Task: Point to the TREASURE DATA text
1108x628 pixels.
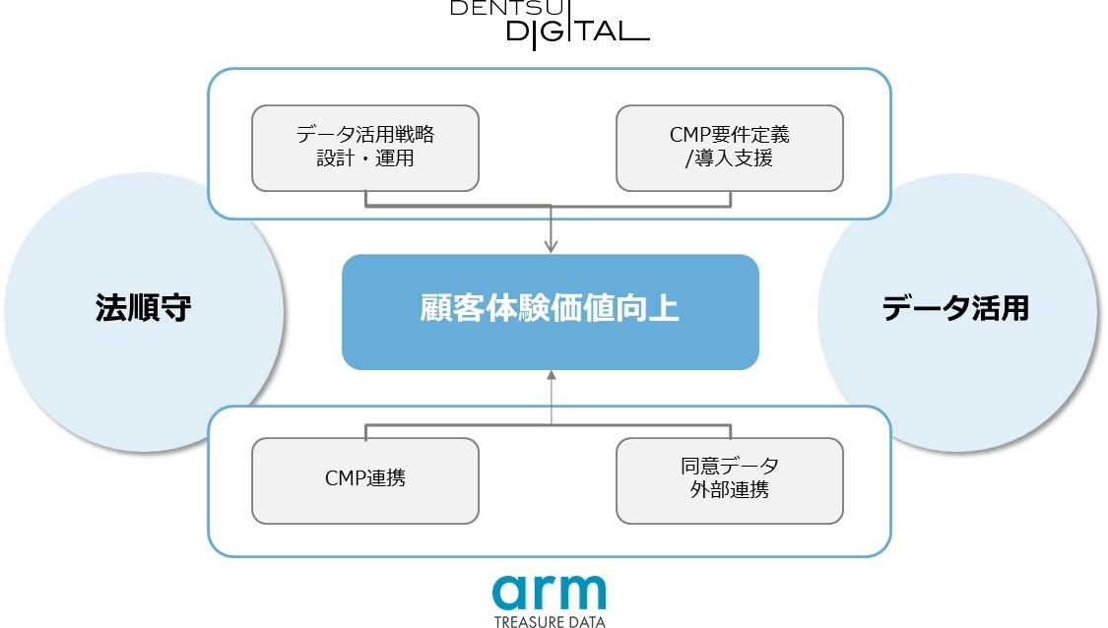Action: point(549,621)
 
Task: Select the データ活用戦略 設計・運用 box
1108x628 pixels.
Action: point(365,148)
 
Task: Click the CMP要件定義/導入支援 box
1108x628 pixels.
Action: point(730,148)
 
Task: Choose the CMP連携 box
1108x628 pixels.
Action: point(365,480)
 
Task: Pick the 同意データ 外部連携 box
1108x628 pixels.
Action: point(730,480)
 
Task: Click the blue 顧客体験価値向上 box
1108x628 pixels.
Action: point(550,311)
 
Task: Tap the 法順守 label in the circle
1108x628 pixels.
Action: point(143,309)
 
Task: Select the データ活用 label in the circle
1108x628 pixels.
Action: point(954,309)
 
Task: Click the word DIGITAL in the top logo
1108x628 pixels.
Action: point(576,31)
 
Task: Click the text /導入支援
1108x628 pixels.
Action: point(729,157)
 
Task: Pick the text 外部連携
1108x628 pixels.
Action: point(730,490)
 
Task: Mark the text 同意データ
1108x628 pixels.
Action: point(730,467)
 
